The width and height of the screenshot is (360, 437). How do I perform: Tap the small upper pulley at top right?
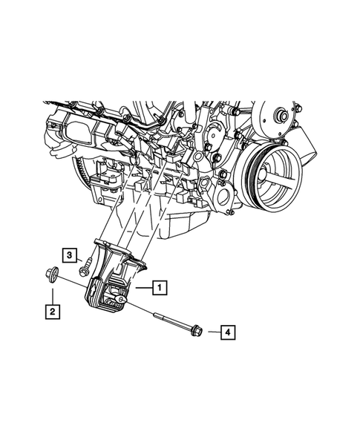pyautogui.click(x=283, y=117)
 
